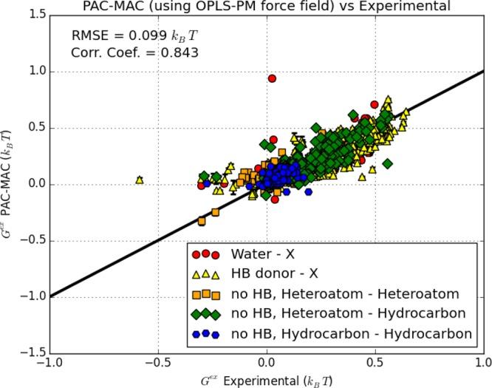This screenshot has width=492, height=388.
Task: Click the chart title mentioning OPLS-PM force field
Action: coord(267,7)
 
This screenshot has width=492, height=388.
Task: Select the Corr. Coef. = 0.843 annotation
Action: coord(135,52)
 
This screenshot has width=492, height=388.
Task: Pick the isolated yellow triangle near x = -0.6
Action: coord(139,180)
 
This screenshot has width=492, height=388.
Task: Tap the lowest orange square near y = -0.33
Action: coord(202,221)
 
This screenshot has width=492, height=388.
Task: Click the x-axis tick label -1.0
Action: coord(49,364)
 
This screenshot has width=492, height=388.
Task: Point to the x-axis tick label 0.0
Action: coord(267,364)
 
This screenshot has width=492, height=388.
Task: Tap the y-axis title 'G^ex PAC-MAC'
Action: coord(10,184)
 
